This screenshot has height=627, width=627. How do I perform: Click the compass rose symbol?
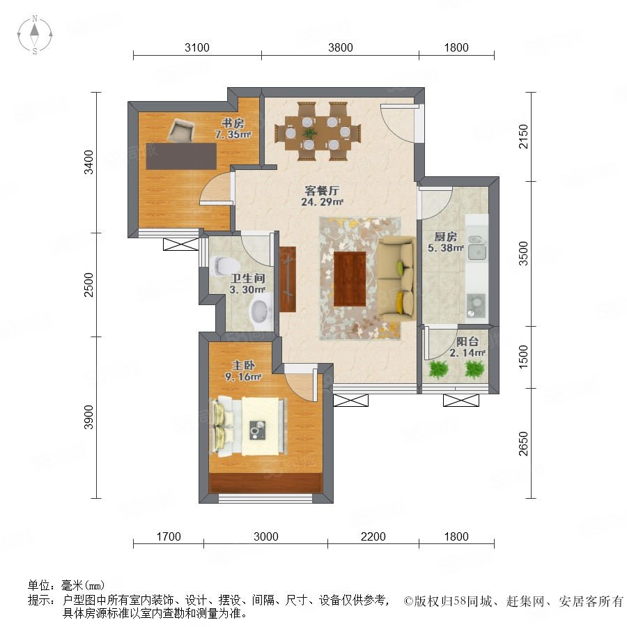click(35, 34)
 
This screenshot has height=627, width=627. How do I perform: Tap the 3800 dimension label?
click(340, 47)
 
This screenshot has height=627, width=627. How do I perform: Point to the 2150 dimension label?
click(523, 137)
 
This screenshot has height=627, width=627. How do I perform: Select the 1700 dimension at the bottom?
click(169, 536)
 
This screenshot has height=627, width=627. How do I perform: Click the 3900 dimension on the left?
click(88, 417)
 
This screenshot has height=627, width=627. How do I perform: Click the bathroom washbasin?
click(261, 310)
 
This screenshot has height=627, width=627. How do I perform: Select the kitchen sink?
click(477, 247)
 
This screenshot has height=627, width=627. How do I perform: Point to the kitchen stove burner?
click(476, 306)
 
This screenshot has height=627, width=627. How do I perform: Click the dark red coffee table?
click(350, 279)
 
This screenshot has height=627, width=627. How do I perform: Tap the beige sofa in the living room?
click(396, 278)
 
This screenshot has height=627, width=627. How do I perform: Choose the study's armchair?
click(180, 130)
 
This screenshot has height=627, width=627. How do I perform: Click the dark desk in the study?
click(181, 156)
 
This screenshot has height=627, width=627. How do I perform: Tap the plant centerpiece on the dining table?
click(309, 133)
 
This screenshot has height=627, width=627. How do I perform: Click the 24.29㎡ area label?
click(323, 202)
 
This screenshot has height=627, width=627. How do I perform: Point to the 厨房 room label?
click(445, 237)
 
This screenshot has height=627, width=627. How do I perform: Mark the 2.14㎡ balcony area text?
click(467, 353)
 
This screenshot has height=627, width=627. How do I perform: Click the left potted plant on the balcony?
click(439, 369)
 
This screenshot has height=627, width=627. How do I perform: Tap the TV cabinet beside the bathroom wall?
click(288, 279)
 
